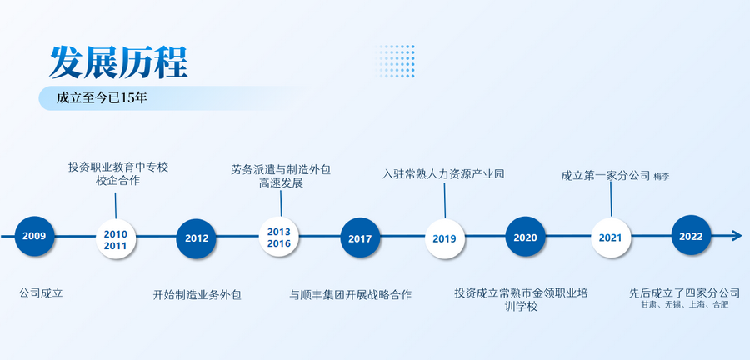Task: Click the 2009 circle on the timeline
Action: [x=34, y=236]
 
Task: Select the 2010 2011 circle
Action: [x=116, y=238]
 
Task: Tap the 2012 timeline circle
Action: [x=196, y=238]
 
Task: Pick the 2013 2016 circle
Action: [x=279, y=237]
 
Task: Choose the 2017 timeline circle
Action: [x=360, y=237]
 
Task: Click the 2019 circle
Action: [x=445, y=238]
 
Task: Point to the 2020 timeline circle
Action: [x=525, y=237]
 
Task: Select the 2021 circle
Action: [x=611, y=237]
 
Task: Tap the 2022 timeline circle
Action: [x=691, y=235]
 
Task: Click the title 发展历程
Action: [x=118, y=62]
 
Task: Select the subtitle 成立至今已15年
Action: [x=102, y=98]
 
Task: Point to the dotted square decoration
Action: [x=395, y=61]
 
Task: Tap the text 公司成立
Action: [x=41, y=292]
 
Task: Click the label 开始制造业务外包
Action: [x=197, y=295]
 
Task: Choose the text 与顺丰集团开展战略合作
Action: [x=351, y=294]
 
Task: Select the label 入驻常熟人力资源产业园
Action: [x=443, y=173]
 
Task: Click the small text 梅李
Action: [x=662, y=177]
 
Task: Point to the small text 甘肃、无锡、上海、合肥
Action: [x=684, y=304]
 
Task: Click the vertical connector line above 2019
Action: [x=445, y=200]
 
